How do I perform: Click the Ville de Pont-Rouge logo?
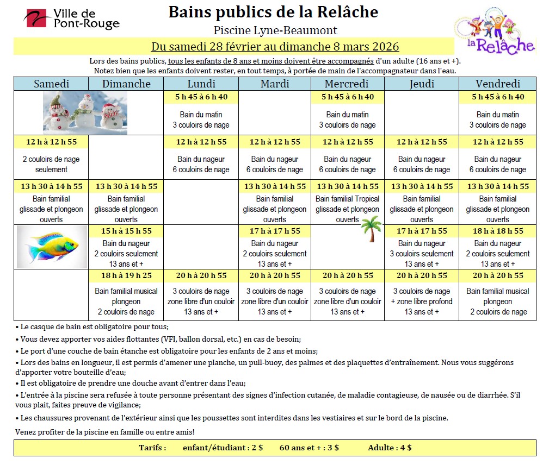(x=71, y=20)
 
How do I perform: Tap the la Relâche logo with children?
(x=494, y=31)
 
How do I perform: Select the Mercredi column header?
(x=347, y=84)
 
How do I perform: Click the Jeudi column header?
(x=421, y=84)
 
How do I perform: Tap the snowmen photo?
(x=85, y=112)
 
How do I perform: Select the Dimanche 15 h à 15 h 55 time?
(x=126, y=231)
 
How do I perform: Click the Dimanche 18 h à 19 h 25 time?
(x=126, y=275)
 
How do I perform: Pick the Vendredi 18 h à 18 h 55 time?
(x=497, y=231)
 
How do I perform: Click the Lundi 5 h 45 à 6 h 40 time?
(x=201, y=97)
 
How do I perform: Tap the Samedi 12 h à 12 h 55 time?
(x=51, y=142)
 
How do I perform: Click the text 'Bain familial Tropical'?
(x=347, y=199)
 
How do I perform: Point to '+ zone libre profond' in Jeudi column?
(x=421, y=301)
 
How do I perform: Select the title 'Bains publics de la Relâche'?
(x=273, y=12)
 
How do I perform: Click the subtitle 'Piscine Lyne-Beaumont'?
(x=275, y=30)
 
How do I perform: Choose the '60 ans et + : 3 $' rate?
(x=309, y=448)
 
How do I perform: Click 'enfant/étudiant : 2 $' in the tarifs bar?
(x=224, y=448)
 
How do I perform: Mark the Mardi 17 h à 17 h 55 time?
(x=274, y=231)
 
